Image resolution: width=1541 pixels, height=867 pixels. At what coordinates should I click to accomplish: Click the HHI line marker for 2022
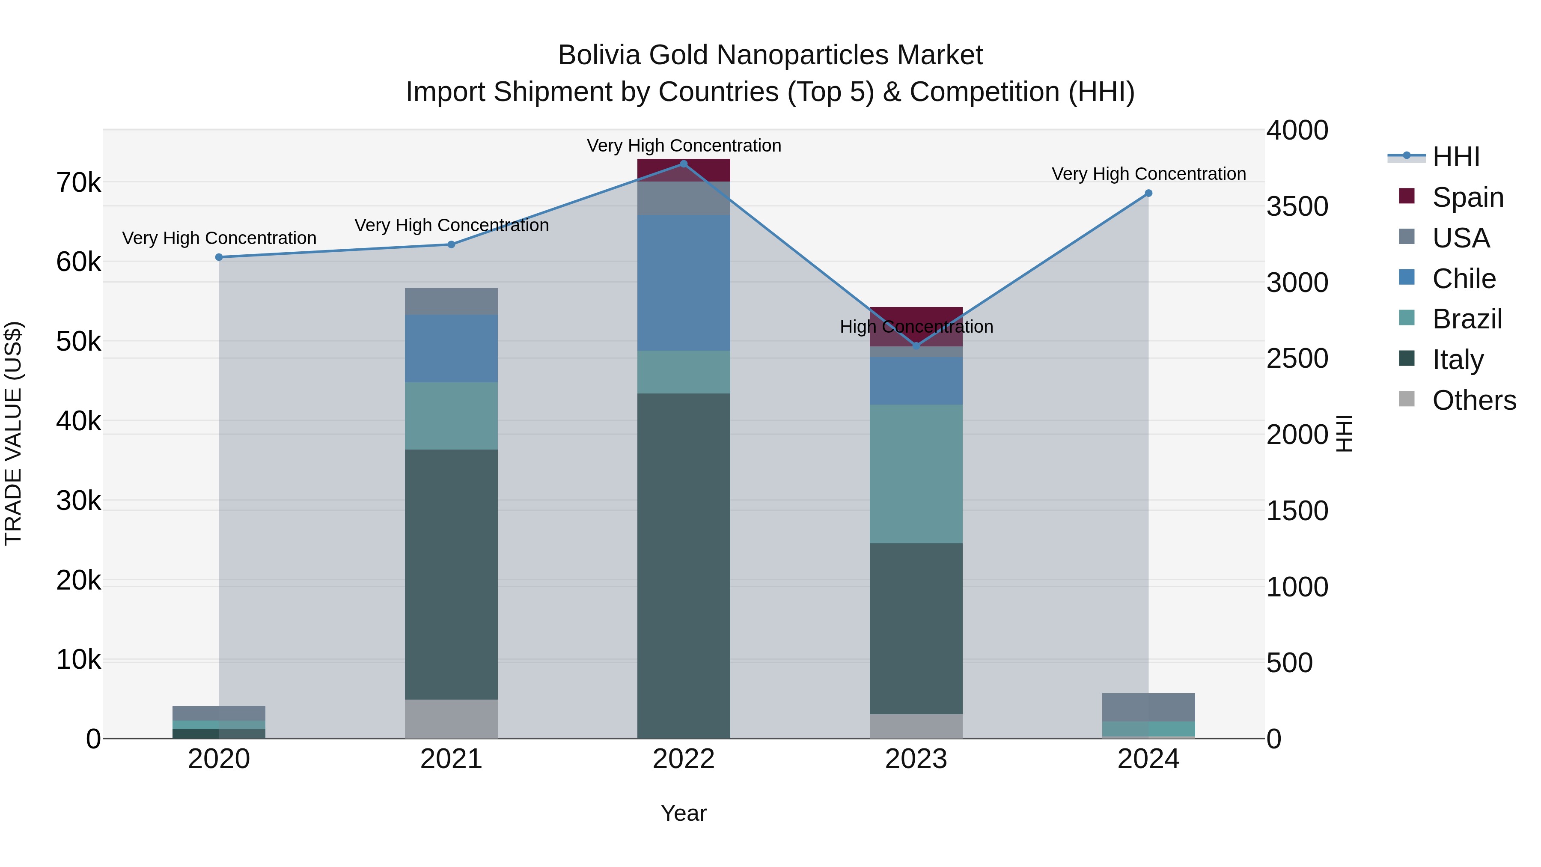[684, 164]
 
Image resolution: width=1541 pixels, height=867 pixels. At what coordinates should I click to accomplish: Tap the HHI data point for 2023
[916, 346]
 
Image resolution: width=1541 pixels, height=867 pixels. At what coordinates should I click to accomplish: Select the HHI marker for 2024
[1148, 193]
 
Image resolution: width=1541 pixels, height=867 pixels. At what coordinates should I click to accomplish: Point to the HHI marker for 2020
[219, 257]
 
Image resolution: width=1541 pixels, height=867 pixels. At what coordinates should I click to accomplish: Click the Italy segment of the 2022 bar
[684, 566]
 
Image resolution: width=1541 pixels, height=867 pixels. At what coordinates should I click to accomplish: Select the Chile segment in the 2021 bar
[451, 348]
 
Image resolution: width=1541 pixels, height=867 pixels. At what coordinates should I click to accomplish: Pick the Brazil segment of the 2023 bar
[916, 474]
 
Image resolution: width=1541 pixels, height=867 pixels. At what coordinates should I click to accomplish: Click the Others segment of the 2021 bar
[451, 718]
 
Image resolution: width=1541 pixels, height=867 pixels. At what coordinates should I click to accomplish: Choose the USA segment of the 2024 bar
[1148, 707]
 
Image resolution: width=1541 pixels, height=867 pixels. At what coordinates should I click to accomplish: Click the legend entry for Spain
[1467, 197]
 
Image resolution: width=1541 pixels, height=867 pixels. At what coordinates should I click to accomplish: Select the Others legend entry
[1473, 400]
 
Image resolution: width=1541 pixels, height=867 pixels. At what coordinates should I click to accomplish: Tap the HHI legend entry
[1455, 157]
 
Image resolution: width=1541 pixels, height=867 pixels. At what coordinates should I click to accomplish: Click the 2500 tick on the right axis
[1297, 358]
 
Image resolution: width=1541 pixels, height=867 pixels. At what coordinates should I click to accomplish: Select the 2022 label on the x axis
[684, 759]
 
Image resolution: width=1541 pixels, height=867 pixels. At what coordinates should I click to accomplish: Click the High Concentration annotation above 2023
[916, 327]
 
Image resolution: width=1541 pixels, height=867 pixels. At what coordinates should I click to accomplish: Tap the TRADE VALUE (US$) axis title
[13, 433]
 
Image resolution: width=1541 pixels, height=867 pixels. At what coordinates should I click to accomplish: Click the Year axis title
[683, 813]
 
